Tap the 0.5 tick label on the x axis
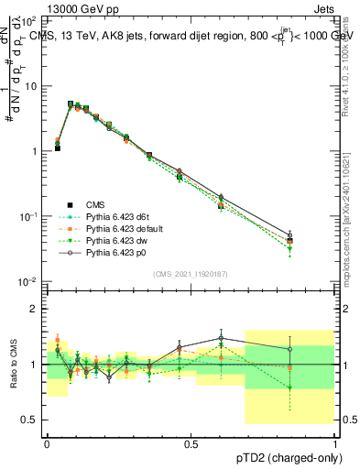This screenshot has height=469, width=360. point(190,442)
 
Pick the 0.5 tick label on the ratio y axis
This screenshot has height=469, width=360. point(29,420)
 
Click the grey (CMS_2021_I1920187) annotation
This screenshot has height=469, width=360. point(190,274)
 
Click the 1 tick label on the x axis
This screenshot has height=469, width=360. point(334,442)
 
